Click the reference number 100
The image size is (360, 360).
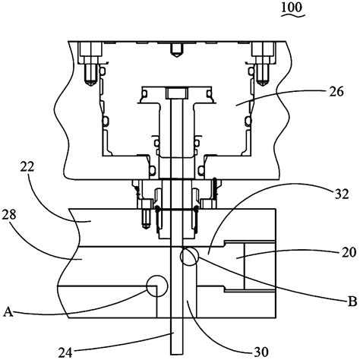pos(292,7)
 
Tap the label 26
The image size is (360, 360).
pos(336,92)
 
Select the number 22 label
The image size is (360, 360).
pos(27,167)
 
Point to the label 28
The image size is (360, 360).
pos(9,215)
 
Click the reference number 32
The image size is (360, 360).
pos(342,194)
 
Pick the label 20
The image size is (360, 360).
pos(349,252)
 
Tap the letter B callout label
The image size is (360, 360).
pos(352,302)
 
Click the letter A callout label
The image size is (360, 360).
pos(8,311)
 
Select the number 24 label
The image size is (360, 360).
pos(65,352)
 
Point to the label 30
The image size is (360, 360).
pos(261,352)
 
